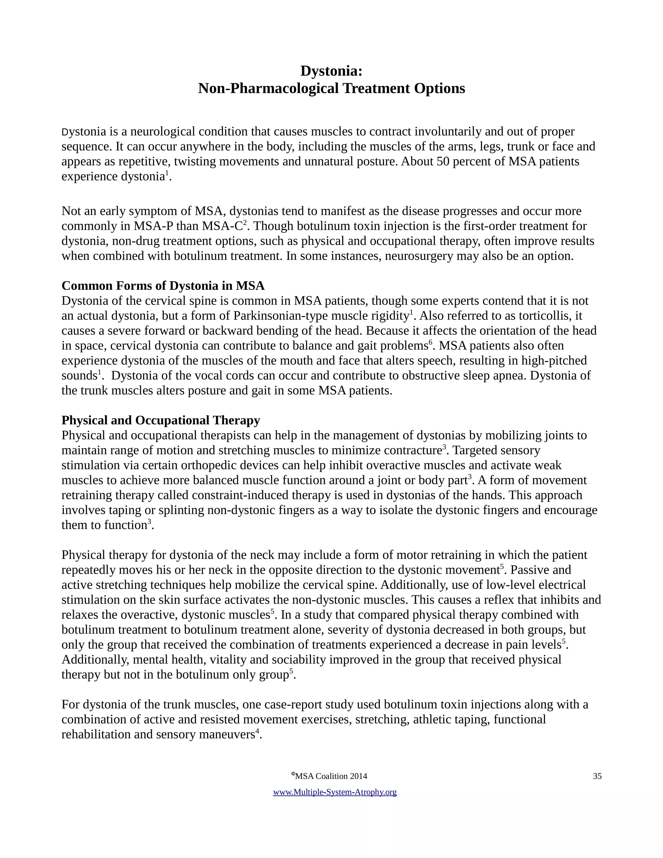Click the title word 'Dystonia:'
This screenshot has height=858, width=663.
331,71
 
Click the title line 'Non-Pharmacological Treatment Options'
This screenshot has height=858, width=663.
331,88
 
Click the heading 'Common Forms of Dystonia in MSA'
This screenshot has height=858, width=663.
163,286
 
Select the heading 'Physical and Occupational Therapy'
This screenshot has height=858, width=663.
161,420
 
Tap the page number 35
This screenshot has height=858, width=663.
597,776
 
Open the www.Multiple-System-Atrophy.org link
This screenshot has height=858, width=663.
335,792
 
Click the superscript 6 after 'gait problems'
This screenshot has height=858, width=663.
430,342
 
